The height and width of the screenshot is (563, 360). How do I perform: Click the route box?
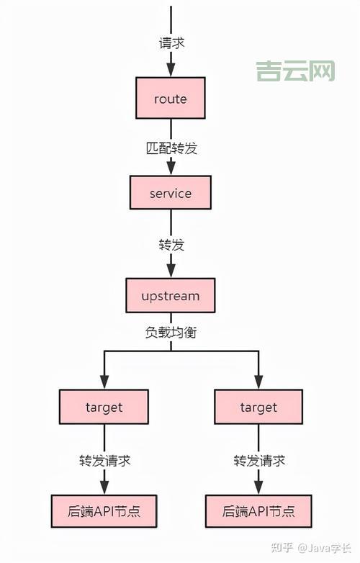point(171,99)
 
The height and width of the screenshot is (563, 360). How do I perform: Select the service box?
point(171,194)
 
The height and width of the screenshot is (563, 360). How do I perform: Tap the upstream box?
point(171,296)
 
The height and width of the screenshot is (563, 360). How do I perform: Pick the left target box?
point(104,407)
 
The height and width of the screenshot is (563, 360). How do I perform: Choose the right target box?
point(258,407)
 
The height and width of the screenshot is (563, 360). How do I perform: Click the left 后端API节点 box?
point(104,512)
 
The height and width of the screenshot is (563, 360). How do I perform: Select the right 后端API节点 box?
point(258,512)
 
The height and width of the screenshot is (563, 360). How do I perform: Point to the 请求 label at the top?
point(171,42)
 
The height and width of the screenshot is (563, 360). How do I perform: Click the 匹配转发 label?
point(171,149)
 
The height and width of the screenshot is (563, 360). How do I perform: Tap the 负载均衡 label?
point(171,333)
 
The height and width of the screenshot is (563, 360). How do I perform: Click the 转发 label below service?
point(171,245)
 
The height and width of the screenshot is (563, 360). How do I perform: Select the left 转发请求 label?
point(105,460)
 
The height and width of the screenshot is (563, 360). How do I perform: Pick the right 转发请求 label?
point(259,460)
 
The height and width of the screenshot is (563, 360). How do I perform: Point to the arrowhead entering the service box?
point(171,167)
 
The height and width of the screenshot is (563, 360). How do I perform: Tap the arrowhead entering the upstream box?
point(171,269)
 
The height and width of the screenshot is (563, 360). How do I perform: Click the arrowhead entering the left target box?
point(104,382)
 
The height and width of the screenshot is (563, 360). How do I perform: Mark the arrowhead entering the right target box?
point(258,382)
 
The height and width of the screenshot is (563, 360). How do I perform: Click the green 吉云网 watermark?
point(296,71)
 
